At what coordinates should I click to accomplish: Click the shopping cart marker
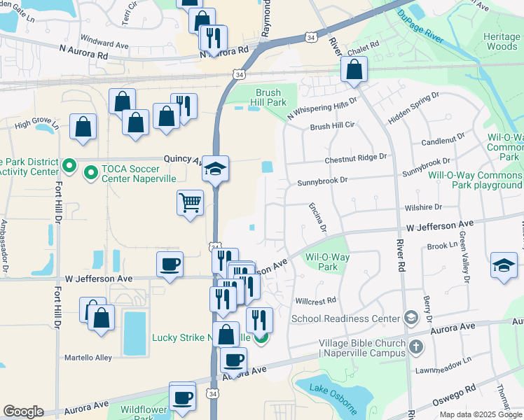pos(190,203)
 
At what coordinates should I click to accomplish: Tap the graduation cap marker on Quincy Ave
pos(216,169)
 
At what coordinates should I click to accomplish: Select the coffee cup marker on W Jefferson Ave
pos(170,265)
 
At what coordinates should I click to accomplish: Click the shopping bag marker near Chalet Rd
pos(354,69)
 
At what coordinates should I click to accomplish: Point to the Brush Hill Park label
pos(270,97)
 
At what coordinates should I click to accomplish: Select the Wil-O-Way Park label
pos(327,262)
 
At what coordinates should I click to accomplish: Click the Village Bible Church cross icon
pos(415,345)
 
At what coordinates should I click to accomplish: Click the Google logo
pos(23,411)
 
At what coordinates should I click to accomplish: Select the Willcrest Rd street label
pos(315,300)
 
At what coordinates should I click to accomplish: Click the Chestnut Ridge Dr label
pos(355,159)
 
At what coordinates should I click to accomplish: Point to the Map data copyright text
pos(479,414)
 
